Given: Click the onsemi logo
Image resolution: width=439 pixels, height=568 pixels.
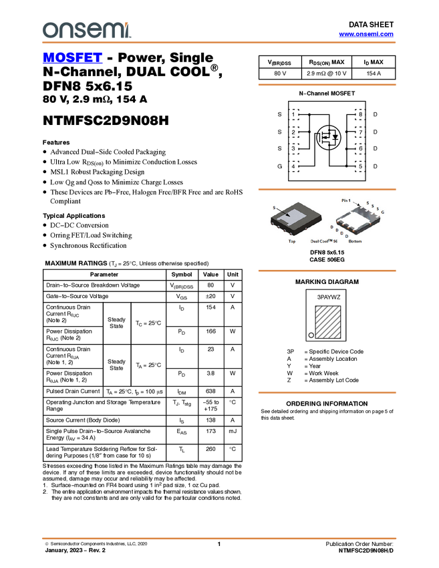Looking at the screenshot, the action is [86, 30].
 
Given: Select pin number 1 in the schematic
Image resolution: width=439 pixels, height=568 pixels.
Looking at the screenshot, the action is [294, 115].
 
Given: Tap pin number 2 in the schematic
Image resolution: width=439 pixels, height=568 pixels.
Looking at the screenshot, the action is [294, 132].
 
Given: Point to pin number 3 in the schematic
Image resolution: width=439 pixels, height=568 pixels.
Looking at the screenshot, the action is [294, 148].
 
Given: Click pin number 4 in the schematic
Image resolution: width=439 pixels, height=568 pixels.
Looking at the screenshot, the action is [294, 166].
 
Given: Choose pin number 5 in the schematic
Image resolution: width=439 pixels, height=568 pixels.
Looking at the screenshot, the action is [360, 166].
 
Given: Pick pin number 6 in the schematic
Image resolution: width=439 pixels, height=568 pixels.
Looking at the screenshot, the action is [360, 148].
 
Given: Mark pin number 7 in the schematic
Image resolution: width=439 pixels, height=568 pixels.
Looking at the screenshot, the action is [360, 132].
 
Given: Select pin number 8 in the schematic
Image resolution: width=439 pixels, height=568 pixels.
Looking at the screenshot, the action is [360, 115].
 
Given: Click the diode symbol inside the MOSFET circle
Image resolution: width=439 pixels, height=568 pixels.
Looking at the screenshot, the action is [335, 138].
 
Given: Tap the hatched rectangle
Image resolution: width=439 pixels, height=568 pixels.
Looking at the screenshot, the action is [328, 322].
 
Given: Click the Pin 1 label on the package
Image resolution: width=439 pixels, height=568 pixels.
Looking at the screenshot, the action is [345, 200].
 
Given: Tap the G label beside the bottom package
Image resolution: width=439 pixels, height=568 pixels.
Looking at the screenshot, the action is [383, 212].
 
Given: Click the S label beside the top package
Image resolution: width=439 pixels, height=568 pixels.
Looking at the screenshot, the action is [273, 208].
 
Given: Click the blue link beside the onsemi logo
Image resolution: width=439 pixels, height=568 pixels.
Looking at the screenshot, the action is [366, 33].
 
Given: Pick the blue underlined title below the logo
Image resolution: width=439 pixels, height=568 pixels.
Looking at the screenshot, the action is [72, 57].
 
